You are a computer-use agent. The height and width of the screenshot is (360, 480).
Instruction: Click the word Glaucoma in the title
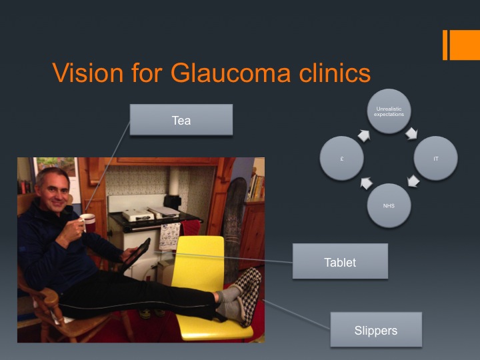pos(230,73)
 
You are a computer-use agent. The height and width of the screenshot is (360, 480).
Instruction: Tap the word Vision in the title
pos(88,73)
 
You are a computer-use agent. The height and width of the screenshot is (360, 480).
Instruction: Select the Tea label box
pos(181,120)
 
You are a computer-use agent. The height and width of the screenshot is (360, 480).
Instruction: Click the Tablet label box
pos(340,261)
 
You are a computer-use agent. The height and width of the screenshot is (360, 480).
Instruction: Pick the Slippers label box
pos(376,329)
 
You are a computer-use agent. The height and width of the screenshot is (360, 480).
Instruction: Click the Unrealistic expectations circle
pos(389,111)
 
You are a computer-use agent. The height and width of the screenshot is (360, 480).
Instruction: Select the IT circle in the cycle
pos(435,158)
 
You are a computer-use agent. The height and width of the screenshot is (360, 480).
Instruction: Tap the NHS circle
pos(389,205)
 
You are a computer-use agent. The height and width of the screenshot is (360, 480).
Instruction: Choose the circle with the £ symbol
pos(342,158)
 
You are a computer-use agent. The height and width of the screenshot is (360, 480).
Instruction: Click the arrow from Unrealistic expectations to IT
pos(411,133)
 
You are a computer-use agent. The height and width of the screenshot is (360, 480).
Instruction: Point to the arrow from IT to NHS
pos(413,181)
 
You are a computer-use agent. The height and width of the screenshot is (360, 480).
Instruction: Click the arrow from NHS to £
pos(367,183)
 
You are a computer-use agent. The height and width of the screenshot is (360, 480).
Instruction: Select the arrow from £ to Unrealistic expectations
pos(364,135)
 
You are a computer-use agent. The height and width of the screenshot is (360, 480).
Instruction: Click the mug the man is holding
pos(88,222)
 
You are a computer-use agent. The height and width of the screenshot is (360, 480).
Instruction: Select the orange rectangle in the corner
pos(461,45)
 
